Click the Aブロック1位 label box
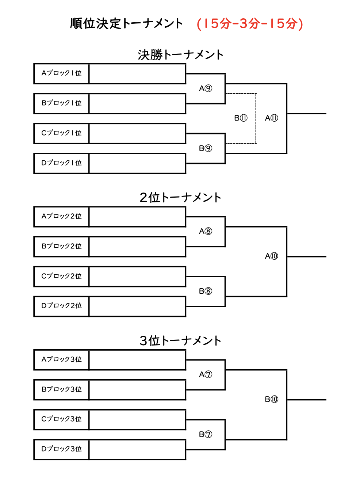click(61, 74)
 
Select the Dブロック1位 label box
click(61, 164)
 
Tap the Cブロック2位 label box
click(61, 277)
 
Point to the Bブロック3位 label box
click(61, 390)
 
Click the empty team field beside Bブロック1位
click(138, 104)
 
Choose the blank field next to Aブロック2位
click(138, 217)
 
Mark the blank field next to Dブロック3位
click(138, 450)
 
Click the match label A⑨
click(206, 88)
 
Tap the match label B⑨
click(206, 148)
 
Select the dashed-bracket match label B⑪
click(241, 118)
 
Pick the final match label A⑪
click(272, 118)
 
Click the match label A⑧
click(206, 231)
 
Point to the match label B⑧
click(206, 291)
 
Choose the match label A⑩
click(272, 256)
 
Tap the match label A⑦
click(206, 374)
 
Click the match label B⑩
click(272, 399)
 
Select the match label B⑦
click(206, 434)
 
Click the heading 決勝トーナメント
click(180, 55)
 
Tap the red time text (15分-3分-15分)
click(250, 24)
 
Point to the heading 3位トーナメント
click(180, 341)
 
